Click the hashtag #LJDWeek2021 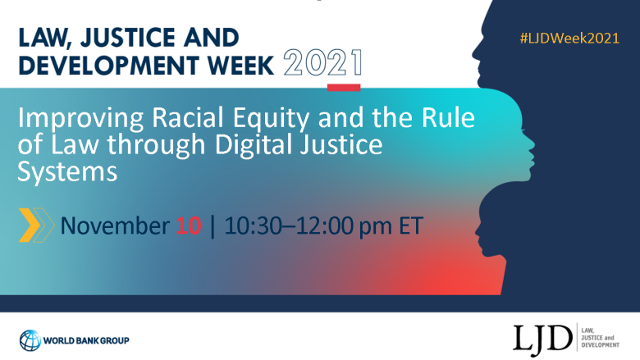click(569, 39)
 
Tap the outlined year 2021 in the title click(322, 63)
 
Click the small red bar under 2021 click(344, 87)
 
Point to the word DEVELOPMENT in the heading click(109, 66)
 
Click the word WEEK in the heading click(240, 66)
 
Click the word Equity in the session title click(272, 119)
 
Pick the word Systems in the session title click(67, 171)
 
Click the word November click(115, 226)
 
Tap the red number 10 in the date click(189, 226)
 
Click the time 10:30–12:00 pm click(309, 226)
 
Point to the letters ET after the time click(411, 226)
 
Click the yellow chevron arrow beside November click(30, 225)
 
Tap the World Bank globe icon click(30, 340)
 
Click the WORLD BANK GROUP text click(86, 341)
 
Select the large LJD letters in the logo click(542, 339)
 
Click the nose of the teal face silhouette click(532, 144)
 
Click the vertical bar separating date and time click(213, 226)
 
